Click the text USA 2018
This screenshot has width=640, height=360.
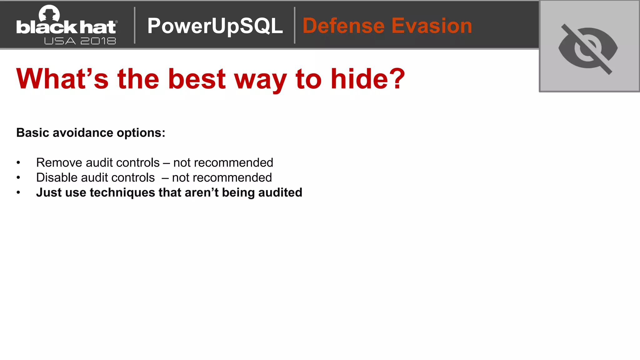point(80,41)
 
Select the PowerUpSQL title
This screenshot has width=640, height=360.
point(215,26)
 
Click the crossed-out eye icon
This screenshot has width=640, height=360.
point(588,48)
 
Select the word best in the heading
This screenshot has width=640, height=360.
point(197,79)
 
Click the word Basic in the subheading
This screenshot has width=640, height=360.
point(33,133)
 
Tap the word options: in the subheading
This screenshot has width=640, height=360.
point(141,133)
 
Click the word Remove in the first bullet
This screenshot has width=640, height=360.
point(59,162)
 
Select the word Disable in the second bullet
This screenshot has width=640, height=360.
point(57,177)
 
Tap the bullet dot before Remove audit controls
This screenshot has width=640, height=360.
point(18,162)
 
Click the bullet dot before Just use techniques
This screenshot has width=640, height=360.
point(18,192)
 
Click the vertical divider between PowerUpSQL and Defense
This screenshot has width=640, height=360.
point(294,25)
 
